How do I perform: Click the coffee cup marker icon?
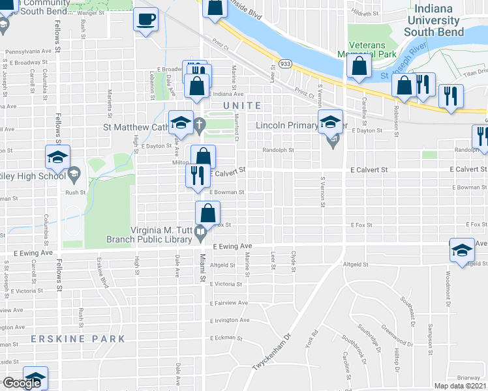click(145, 18)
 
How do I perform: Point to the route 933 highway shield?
click(286, 64)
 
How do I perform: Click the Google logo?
click(22, 383)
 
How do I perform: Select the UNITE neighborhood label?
click(241, 105)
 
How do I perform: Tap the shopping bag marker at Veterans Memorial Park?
click(359, 66)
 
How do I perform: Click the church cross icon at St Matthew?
click(198, 128)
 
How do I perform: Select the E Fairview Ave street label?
click(228, 303)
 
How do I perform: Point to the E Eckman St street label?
click(226, 338)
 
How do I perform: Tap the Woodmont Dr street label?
click(449, 287)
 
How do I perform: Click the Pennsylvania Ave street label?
click(28, 51)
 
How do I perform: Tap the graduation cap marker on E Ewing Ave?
click(462, 250)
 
